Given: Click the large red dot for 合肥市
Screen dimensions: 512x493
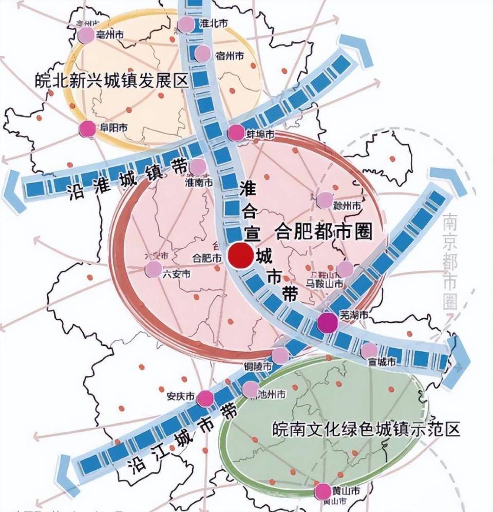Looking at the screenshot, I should point(240,255).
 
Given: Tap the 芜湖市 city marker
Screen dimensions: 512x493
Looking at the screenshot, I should point(328,323).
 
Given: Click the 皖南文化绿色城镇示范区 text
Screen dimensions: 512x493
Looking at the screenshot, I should point(366,429).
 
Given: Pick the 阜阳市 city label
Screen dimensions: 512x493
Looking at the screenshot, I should point(111,128).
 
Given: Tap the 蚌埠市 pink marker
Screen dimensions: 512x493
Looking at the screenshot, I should point(236,133).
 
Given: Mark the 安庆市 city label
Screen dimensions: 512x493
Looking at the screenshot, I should point(180,397).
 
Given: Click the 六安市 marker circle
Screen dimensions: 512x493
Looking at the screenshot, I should point(153,269).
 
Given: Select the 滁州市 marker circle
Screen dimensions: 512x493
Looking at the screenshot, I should point(325,200).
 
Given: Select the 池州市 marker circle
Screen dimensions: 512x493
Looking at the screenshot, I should point(251,390).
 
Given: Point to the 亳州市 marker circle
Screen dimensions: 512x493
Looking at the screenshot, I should point(86,35).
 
